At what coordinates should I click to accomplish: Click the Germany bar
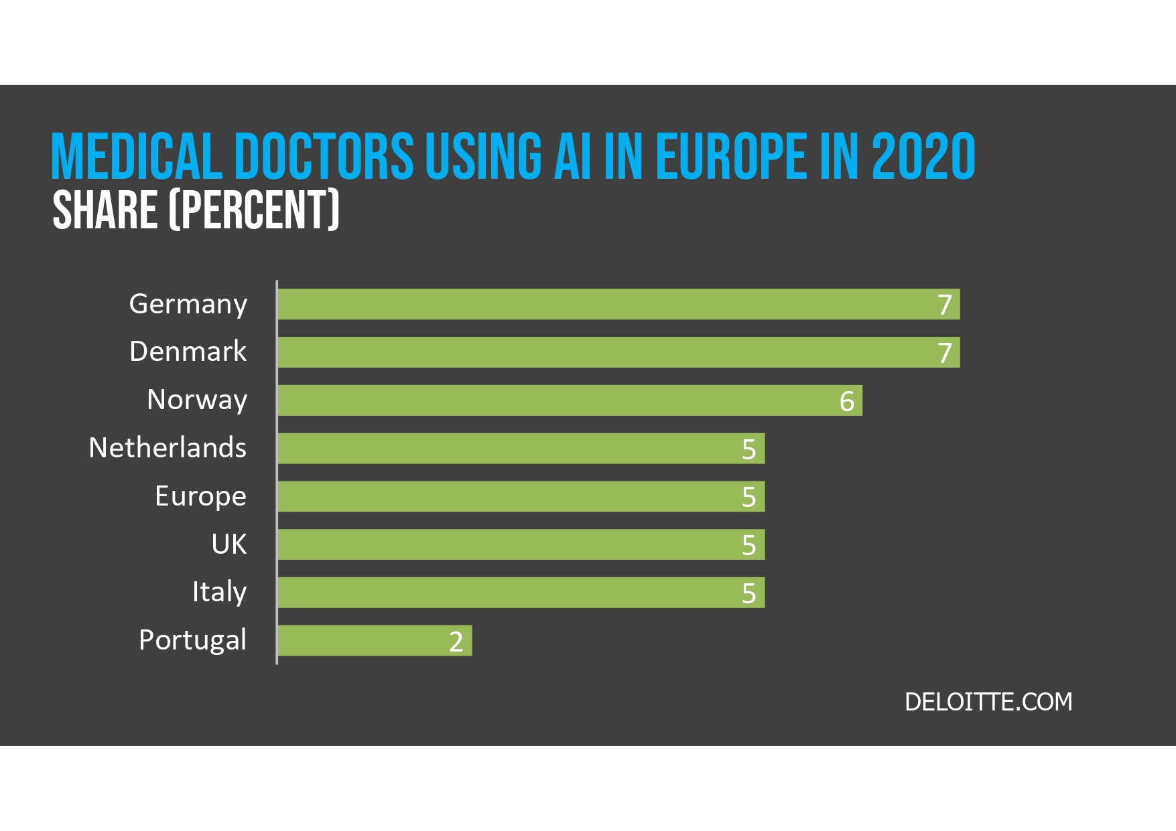pyautogui.click(x=618, y=304)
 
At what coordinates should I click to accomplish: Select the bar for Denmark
pyautogui.click(x=618, y=352)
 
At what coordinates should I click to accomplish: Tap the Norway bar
pyautogui.click(x=570, y=400)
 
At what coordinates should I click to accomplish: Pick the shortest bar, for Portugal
pyautogui.click(x=375, y=641)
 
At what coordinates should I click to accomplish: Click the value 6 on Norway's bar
pyautogui.click(x=847, y=401)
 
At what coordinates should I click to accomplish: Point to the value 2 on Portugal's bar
pyautogui.click(x=456, y=641)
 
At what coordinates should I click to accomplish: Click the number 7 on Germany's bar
pyautogui.click(x=945, y=305)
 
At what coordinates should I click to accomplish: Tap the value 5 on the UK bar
pyautogui.click(x=749, y=545)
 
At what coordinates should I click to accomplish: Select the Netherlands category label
pyautogui.click(x=168, y=448)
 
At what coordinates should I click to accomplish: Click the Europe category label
pyautogui.click(x=200, y=496)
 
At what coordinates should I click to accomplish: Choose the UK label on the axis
pyautogui.click(x=228, y=544)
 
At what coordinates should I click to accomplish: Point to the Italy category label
pyautogui.click(x=219, y=592)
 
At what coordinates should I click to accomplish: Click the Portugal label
pyautogui.click(x=192, y=640)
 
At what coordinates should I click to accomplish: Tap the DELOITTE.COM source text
pyautogui.click(x=988, y=702)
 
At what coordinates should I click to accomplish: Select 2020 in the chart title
pyautogui.click(x=923, y=157)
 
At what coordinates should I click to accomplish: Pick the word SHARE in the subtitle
pyautogui.click(x=105, y=210)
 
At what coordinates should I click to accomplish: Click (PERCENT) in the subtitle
pyautogui.click(x=254, y=210)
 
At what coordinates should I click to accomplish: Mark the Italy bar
pyautogui.click(x=521, y=593)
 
